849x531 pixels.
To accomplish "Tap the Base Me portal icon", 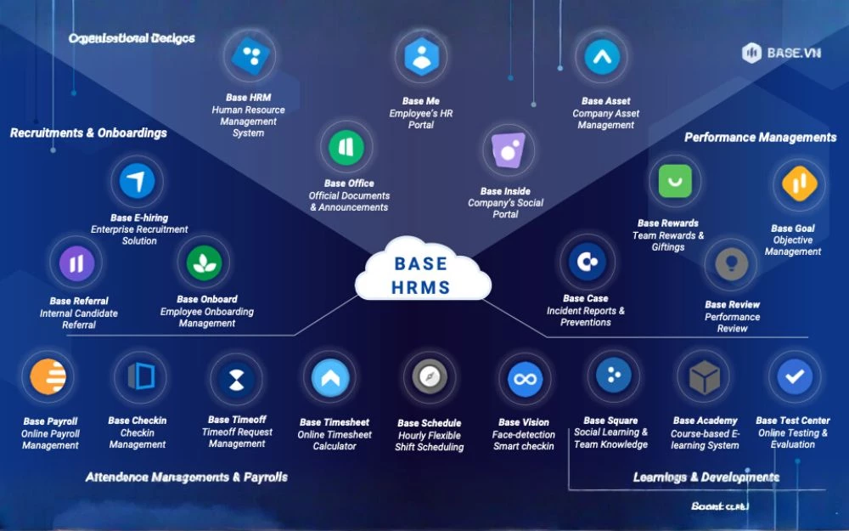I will pyautogui.click(x=421, y=58).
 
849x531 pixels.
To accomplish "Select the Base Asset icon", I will pyautogui.click(x=602, y=57).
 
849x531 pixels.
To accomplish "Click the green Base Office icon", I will pyautogui.click(x=346, y=147).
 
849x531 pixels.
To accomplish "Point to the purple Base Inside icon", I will pyautogui.click(x=509, y=152).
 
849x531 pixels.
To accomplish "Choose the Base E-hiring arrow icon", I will pyautogui.click(x=137, y=182).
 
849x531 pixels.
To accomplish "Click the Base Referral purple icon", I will pyautogui.click(x=76, y=263).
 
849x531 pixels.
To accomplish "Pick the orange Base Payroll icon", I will pyautogui.click(x=48, y=377).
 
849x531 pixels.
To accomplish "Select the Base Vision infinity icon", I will pyautogui.click(x=525, y=379).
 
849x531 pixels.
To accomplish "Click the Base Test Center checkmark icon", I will pyautogui.click(x=794, y=376).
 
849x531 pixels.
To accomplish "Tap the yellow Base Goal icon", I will pyautogui.click(x=798, y=184).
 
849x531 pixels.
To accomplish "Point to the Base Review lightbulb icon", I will pyautogui.click(x=730, y=265).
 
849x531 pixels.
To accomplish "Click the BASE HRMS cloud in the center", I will pyautogui.click(x=423, y=272).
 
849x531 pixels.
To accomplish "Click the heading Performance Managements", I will pyautogui.click(x=760, y=137).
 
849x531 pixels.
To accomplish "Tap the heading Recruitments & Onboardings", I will pyautogui.click(x=88, y=133).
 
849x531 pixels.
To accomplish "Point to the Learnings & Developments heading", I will pyautogui.click(x=706, y=477).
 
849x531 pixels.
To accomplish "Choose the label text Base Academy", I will pyautogui.click(x=705, y=421).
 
